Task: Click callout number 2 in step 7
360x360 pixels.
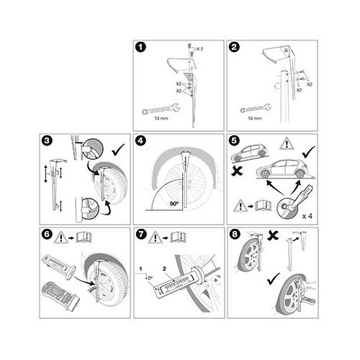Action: pos(166,268)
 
